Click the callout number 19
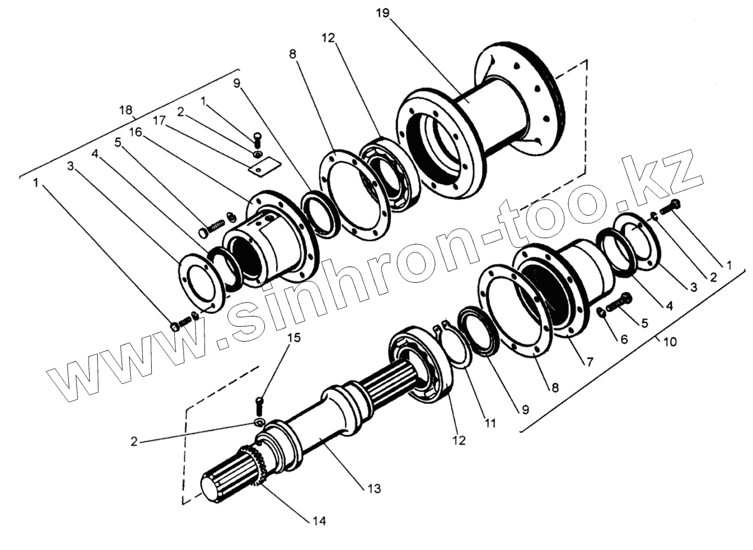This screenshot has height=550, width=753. tap(383, 13)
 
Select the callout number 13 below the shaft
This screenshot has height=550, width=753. tap(374, 488)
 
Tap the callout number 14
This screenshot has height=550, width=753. tap(319, 520)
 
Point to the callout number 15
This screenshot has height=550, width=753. tap(294, 338)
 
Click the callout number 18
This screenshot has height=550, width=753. tap(126, 110)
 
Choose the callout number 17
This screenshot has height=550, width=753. tap(159, 120)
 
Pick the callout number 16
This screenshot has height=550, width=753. tap(136, 132)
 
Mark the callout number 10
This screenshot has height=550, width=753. tap(669, 342)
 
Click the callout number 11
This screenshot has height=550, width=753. tap(490, 423)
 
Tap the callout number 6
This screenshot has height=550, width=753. tap(624, 339)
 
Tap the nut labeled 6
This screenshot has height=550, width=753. tap(601, 313)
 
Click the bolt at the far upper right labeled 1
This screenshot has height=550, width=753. tap(671, 206)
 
